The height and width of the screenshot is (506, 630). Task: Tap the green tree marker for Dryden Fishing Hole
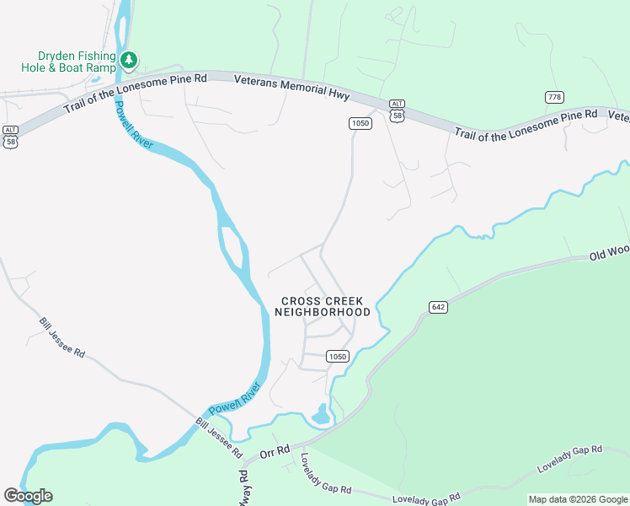129,59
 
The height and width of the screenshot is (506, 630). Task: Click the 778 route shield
553,97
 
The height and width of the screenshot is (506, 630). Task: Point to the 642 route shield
437,307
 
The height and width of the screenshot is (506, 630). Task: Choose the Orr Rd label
275,452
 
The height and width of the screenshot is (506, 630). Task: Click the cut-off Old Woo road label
609,251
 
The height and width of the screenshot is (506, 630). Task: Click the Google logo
28,495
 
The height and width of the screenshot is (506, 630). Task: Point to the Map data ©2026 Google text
577,499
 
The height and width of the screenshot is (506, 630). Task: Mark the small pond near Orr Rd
320,414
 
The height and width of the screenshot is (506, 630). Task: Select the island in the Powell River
232,250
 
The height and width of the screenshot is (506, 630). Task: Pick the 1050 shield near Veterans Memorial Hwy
360,123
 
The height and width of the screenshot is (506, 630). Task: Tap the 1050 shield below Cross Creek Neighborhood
337,357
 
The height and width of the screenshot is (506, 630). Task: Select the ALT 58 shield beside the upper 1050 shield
398,110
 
